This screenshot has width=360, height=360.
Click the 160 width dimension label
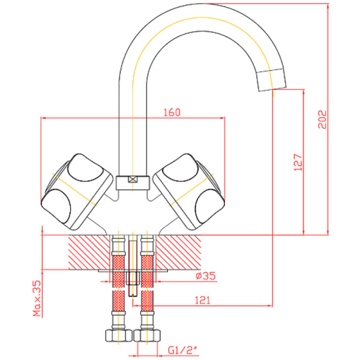coord(172,112)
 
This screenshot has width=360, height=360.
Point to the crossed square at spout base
coord(133,179)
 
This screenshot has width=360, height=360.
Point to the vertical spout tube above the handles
coord(133,120)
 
